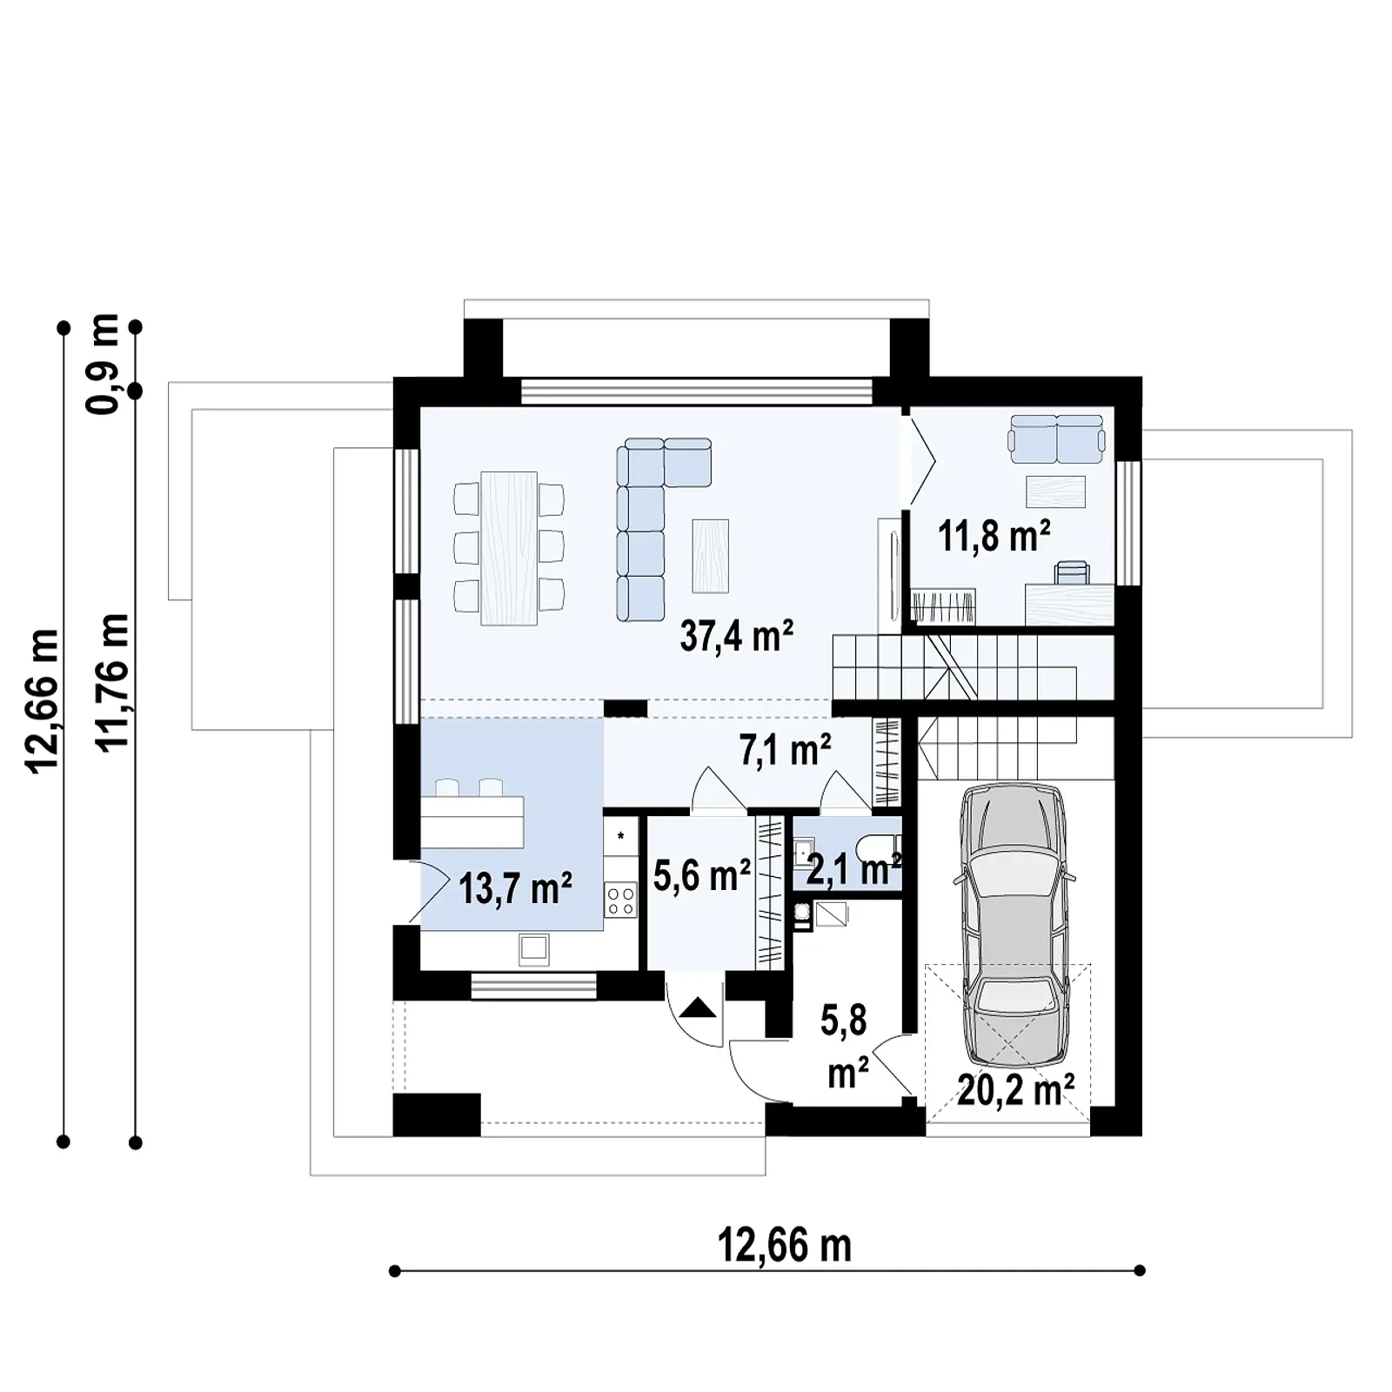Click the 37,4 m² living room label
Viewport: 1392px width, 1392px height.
tap(736, 636)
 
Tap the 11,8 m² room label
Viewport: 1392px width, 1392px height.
tap(994, 536)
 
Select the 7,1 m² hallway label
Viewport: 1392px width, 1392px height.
tap(785, 750)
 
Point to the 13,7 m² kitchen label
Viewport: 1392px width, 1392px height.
tap(515, 888)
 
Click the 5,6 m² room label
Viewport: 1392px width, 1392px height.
tap(701, 875)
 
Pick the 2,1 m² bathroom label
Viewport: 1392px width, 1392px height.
tap(853, 869)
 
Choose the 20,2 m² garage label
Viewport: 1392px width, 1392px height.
tap(1015, 1088)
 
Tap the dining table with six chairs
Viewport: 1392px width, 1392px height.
tap(509, 547)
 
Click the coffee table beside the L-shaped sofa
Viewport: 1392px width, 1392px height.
tap(710, 556)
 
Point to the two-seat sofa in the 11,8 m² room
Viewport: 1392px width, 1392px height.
tap(1056, 438)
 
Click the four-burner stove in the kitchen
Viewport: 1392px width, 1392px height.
tap(620, 900)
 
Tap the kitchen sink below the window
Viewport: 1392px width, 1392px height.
tap(534, 949)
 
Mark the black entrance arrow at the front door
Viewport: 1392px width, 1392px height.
tap(698, 1007)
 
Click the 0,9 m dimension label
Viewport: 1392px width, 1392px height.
tap(104, 363)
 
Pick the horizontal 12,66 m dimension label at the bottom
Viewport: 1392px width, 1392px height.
tap(784, 1246)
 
